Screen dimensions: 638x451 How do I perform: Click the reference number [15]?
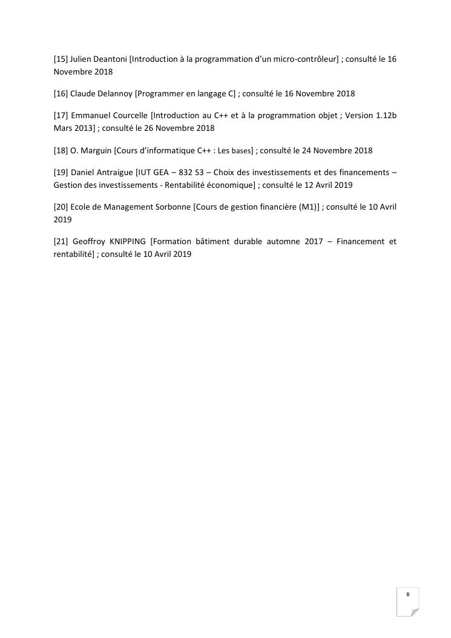(61, 59)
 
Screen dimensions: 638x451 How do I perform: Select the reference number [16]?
(61, 94)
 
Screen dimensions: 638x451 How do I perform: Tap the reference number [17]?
(61, 115)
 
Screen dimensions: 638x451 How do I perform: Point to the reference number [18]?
(61, 150)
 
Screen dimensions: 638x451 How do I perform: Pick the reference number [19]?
(61, 171)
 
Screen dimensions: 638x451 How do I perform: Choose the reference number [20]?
(61, 207)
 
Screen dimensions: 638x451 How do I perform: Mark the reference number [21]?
(61, 241)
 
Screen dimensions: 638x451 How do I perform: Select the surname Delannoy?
(114, 94)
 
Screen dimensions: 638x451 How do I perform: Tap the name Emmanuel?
(91, 115)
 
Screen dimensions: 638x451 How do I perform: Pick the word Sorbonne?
(174, 207)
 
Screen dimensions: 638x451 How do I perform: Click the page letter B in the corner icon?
(408, 594)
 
